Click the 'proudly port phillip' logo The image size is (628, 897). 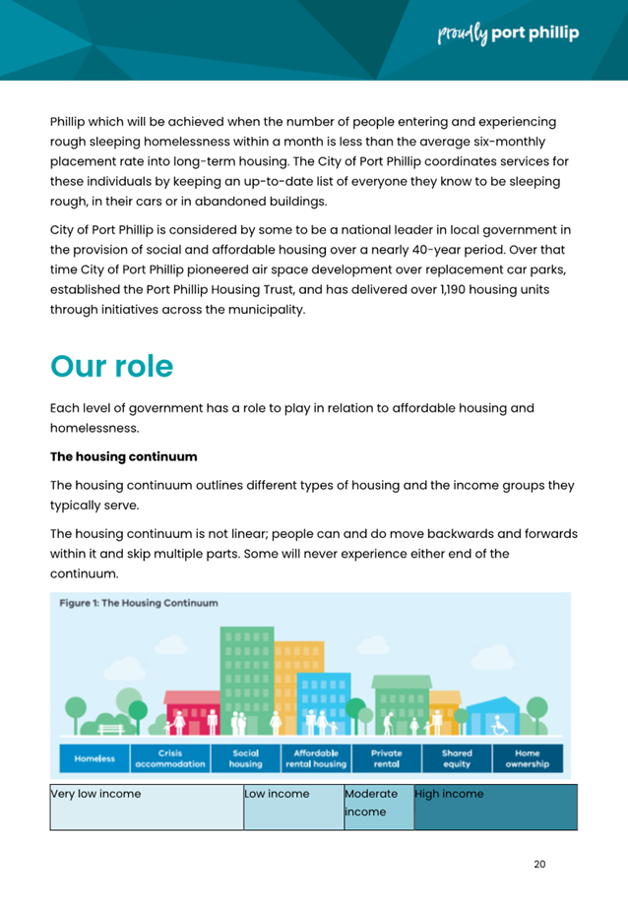pos(507,33)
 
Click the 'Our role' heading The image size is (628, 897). pos(111,366)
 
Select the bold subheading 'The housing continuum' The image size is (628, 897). pos(123,456)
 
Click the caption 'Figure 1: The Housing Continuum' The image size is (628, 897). pos(137,603)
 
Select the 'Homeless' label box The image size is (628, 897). pos(94,758)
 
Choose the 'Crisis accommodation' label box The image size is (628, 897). pos(170,758)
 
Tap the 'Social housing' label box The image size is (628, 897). pos(245,758)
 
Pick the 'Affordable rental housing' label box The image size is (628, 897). pos(316,758)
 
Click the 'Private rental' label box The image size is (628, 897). pos(386,758)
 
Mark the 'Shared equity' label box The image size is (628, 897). pos(457,758)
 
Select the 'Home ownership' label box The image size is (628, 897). pos(528,758)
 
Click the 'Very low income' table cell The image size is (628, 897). pos(147,807)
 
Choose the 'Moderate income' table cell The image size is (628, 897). pos(378,807)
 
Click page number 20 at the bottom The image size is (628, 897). pos(538,865)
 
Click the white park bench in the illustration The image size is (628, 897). pos(108,728)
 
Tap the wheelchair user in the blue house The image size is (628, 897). pos(499,724)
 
